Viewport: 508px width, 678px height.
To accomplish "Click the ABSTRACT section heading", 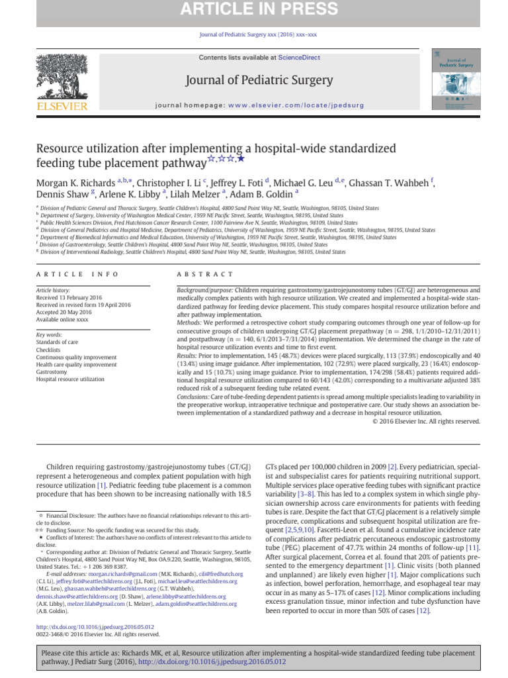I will [x=205, y=274].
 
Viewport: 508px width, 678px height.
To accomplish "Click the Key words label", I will [x=49, y=335].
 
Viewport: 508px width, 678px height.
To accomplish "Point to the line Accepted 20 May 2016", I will [x=65, y=312].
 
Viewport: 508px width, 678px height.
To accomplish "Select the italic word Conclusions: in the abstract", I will [x=197, y=396].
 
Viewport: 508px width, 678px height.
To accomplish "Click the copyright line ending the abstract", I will [x=426, y=420].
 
